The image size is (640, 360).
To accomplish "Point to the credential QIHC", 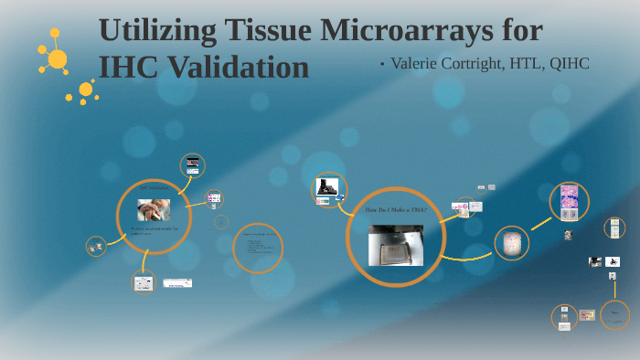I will pos(564,63).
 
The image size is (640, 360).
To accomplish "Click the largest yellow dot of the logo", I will pos(57,59).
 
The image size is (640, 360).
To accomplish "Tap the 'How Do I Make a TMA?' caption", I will pos(395,211).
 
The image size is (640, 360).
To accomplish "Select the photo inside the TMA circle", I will pos(395,244).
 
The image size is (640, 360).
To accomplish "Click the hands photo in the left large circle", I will pos(153,210).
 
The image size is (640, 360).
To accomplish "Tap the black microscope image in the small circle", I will pos(326,187).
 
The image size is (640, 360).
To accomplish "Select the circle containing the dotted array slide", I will pos(511,244).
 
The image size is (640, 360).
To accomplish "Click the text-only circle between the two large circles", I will pos(258,248).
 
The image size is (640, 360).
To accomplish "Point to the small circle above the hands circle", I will pos(192,165).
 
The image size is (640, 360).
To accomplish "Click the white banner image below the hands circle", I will pos(177,283).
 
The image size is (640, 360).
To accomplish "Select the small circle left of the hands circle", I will pos(96,246).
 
